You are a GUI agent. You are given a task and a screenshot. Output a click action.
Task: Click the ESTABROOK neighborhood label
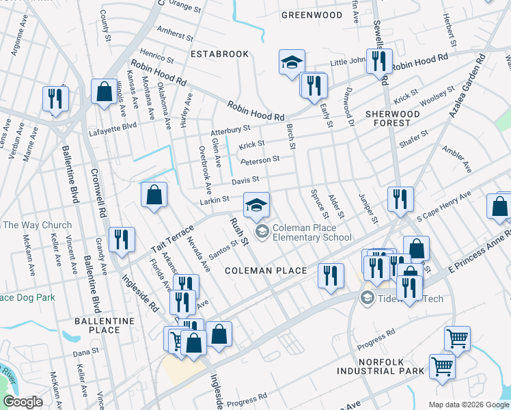point(219,53)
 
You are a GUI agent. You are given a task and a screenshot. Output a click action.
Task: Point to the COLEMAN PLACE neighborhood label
point(266,271)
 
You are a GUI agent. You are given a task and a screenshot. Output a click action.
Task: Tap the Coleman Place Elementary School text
point(312,233)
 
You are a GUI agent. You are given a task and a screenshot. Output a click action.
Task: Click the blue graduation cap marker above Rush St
point(257,205)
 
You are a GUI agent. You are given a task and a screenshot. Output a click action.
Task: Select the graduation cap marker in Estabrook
point(292,63)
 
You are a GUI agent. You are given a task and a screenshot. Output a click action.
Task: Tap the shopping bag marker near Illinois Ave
point(102,92)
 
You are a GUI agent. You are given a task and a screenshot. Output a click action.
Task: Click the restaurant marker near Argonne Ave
point(55,98)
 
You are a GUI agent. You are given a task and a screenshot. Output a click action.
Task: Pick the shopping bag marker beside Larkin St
point(154,195)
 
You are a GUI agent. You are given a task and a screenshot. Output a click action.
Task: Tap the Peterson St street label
point(260,160)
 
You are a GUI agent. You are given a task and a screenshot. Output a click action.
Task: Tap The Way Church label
point(37,225)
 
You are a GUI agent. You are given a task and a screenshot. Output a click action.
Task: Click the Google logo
point(23,402)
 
